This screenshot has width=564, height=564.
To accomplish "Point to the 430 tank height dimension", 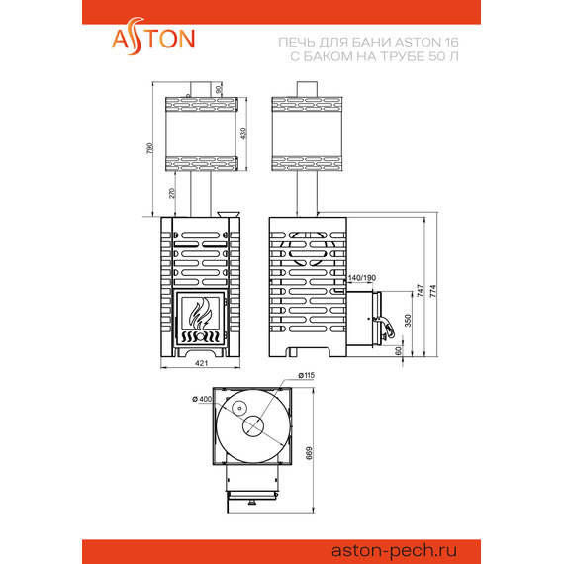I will coord(244,133).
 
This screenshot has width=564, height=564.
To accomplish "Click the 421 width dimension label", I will coord(201,364).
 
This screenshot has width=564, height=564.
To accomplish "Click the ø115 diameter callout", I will coord(306,376).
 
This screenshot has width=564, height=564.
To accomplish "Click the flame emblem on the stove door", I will coord(201,316).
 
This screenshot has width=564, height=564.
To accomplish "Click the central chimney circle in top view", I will coord(252,426).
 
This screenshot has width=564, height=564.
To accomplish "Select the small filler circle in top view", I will coord(237,408).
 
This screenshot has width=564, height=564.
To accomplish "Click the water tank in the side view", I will coord(305,133).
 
